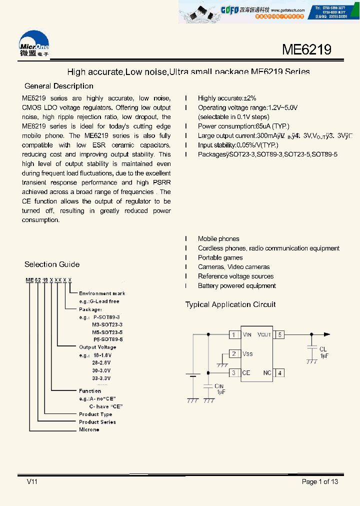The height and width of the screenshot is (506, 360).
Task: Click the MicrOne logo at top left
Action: [34, 44]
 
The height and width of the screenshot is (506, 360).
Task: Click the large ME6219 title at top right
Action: [306, 49]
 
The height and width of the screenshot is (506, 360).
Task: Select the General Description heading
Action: [59, 86]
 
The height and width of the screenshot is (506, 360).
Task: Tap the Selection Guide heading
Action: [52, 264]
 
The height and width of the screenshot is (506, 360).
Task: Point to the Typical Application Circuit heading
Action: [230, 304]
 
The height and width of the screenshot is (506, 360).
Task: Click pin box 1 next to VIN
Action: [234, 334]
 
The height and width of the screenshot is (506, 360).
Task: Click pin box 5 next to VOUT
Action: [280, 334]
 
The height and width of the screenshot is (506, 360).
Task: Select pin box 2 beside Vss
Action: [234, 354]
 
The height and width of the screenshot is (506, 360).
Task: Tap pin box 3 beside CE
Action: [234, 372]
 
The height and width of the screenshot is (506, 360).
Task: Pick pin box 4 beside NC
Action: [280, 372]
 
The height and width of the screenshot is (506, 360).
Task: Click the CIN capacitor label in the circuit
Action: [219, 385]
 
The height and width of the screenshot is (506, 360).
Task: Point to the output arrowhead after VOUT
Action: [327, 334]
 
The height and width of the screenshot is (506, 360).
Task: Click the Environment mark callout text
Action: [102, 293]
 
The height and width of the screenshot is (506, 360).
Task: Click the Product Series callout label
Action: [97, 422]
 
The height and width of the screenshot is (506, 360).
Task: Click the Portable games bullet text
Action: [220, 257]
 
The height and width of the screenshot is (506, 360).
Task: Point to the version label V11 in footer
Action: [32, 481]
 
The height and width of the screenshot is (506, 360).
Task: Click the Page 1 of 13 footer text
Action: [320, 481]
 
